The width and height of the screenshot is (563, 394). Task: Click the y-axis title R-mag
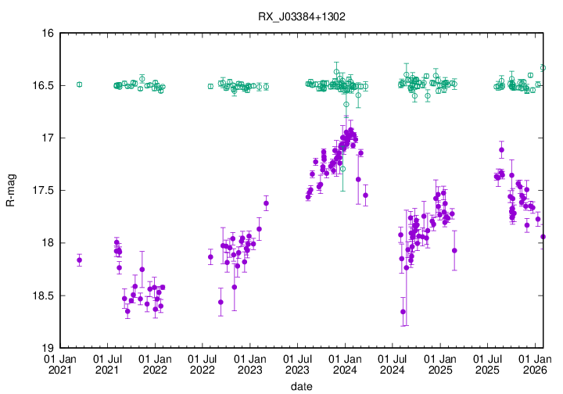(10, 191)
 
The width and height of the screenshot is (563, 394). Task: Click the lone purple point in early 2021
(79, 260)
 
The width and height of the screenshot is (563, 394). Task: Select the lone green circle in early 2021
(79, 84)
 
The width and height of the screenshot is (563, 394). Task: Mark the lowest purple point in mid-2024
(403, 312)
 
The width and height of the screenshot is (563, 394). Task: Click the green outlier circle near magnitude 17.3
(342, 169)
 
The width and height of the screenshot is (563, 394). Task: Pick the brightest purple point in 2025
(501, 149)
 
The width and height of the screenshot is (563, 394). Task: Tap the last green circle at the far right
(543, 68)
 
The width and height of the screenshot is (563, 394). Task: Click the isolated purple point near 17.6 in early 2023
(266, 203)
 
